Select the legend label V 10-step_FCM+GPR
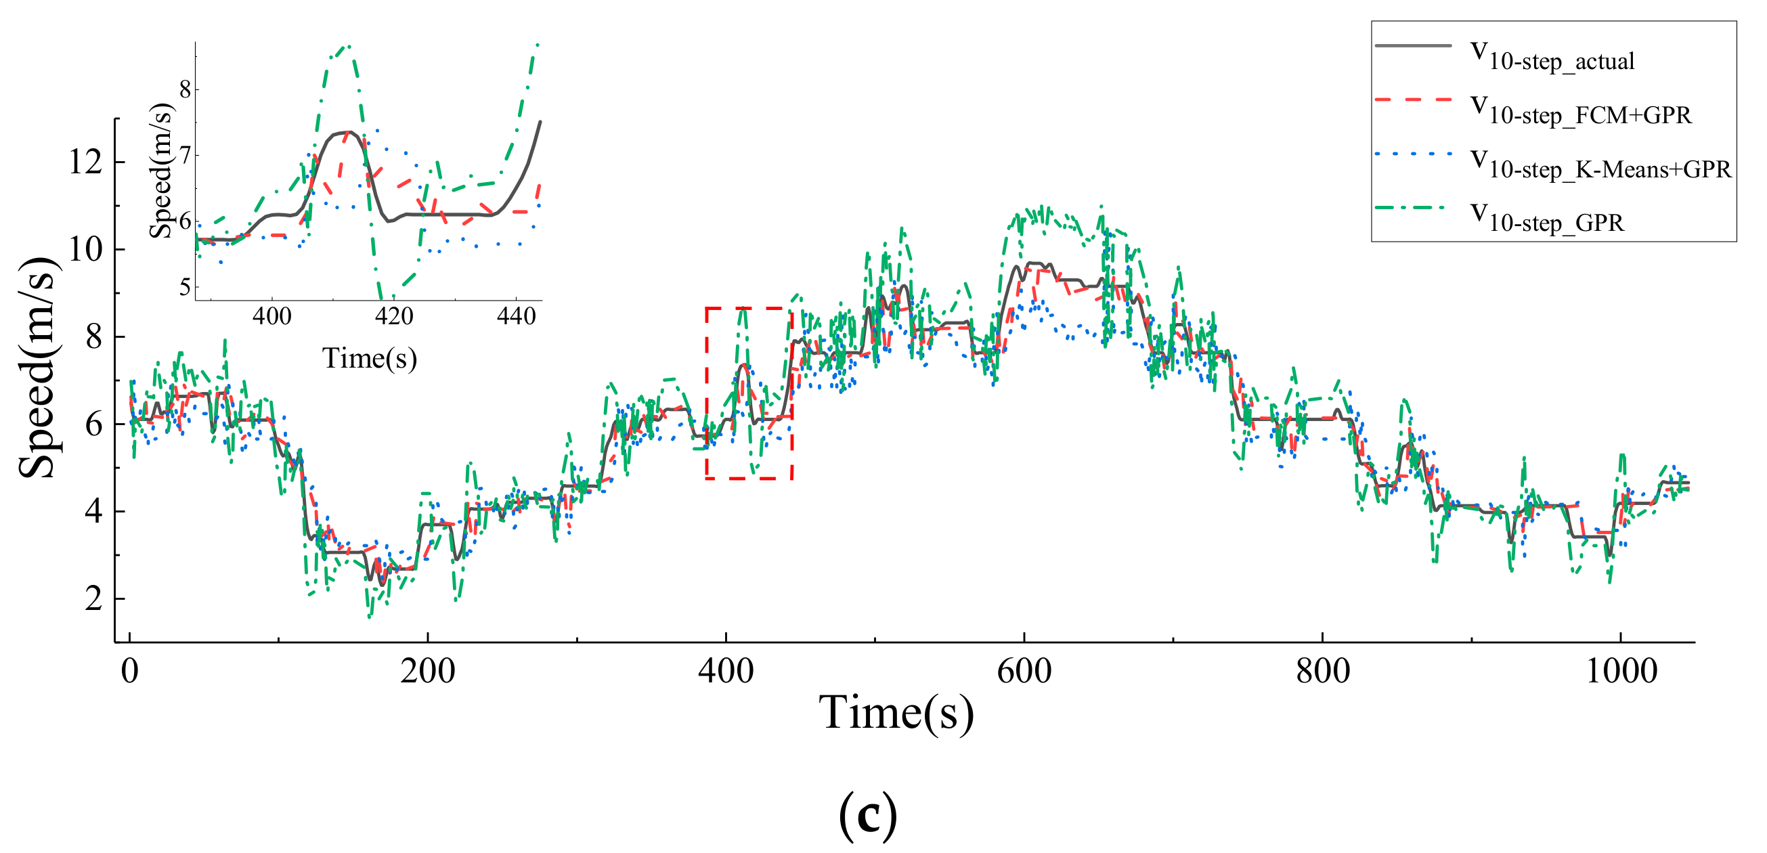click(x=1581, y=112)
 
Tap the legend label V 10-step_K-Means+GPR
click(x=1601, y=166)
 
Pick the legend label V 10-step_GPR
click(x=1548, y=219)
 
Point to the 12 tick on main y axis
click(x=86, y=162)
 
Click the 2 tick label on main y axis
click(x=94, y=599)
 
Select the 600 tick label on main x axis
click(x=1024, y=672)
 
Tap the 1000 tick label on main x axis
click(x=1621, y=672)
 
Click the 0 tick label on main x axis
click(x=129, y=672)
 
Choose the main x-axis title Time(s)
click(x=896, y=714)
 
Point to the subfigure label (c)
click(x=868, y=814)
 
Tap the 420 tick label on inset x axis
click(x=394, y=317)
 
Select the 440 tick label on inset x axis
click(x=516, y=317)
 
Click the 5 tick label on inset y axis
click(x=186, y=287)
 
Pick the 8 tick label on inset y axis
click(x=186, y=89)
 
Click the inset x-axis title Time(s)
click(x=370, y=359)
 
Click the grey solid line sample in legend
click(x=1414, y=46)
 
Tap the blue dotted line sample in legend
click(x=1414, y=154)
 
